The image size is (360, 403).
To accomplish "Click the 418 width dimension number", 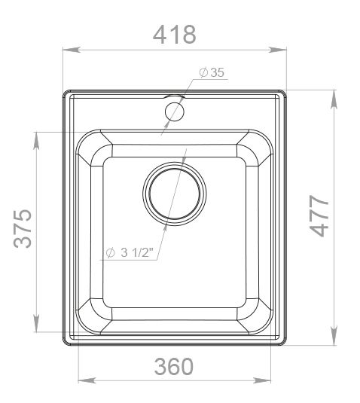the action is coord(175,35).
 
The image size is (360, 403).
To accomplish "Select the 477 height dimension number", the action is coord(319,215).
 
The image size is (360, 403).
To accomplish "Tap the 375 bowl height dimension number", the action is coord(23,229).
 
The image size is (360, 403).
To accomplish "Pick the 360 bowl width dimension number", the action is coord(174,366).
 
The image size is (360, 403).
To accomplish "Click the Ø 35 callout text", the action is coord(212,72).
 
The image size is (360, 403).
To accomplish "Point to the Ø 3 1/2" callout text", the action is coord(130,253).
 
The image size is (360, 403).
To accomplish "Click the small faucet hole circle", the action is coord(175,111).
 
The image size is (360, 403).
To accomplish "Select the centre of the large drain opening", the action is coord(175,194).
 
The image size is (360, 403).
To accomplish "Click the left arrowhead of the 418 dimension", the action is coord(72,50).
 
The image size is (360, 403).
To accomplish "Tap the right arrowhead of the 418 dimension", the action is coord(277,50).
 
